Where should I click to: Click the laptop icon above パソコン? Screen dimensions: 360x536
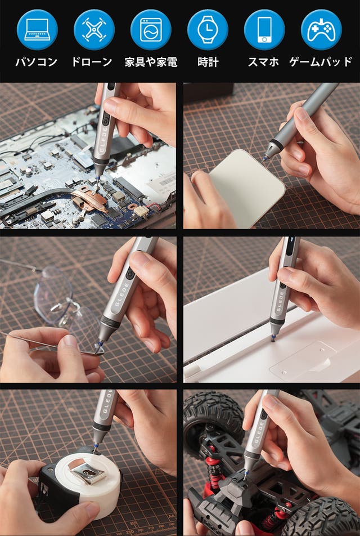(37, 30)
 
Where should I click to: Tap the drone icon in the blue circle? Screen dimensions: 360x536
(94, 30)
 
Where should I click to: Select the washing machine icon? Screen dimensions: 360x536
(151, 30)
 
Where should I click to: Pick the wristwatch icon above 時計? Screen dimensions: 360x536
(208, 30)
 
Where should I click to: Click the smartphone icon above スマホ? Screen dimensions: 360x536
(264, 30)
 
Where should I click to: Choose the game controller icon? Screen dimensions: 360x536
(321, 30)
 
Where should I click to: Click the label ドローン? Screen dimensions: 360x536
(92, 62)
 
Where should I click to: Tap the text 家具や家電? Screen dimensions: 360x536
(151, 62)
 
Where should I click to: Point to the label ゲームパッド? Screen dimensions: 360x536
(321, 62)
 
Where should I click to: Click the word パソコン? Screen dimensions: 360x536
(36, 62)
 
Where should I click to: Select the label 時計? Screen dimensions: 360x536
(208, 62)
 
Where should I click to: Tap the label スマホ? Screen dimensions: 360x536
(263, 62)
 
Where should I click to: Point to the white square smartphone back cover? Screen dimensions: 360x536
(246, 189)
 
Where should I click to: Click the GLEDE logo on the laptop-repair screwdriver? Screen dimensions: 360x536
(104, 140)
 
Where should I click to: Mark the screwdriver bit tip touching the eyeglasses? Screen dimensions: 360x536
(98, 351)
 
